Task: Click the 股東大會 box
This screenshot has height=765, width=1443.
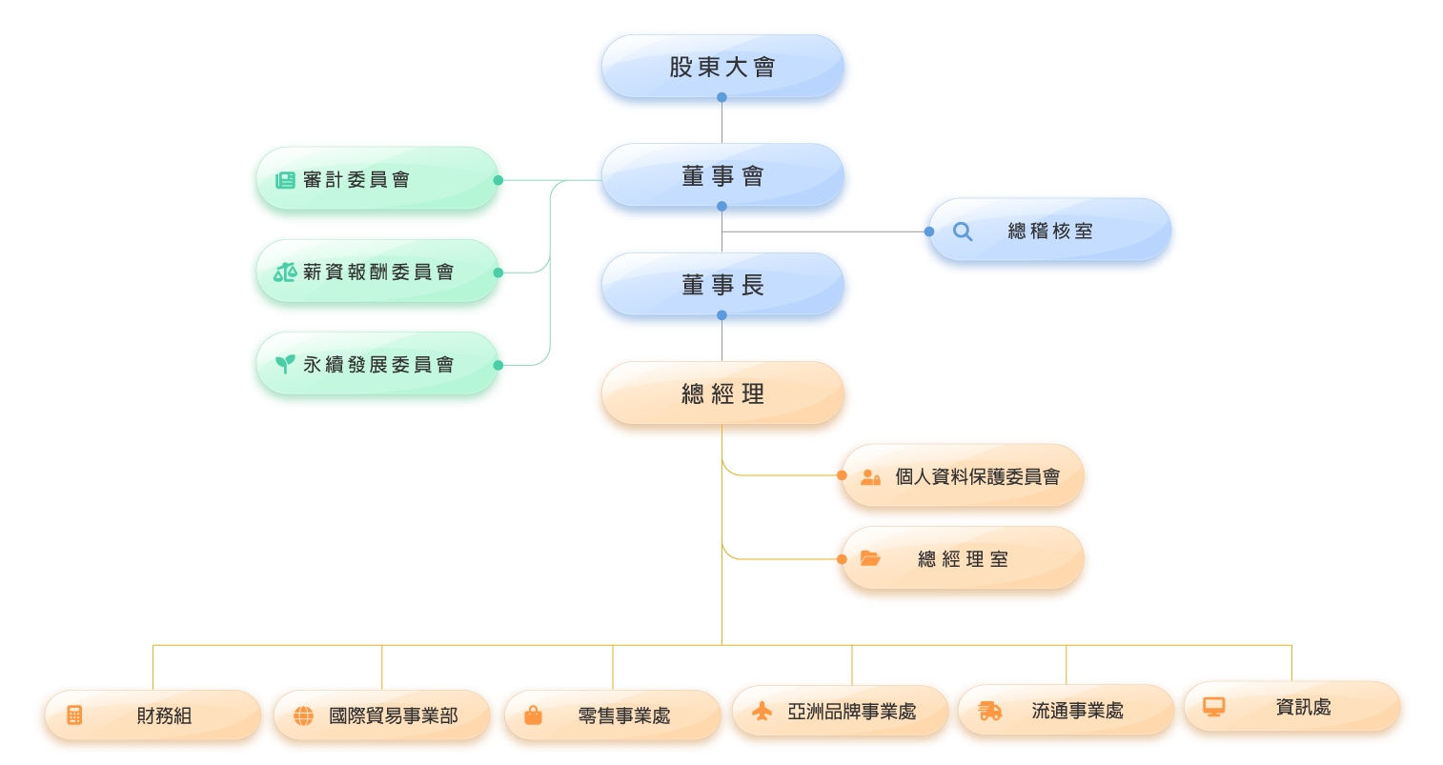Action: click(722, 68)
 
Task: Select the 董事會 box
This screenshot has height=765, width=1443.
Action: click(722, 177)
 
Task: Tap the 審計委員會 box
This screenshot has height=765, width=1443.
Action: click(376, 180)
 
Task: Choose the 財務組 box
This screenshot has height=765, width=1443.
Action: click(150, 715)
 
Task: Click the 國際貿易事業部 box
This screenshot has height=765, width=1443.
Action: click(381, 715)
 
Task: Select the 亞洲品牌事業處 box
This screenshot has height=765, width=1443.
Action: click(840, 712)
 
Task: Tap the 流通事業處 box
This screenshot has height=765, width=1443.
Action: click(1067, 711)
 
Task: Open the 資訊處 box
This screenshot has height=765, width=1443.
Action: click(1293, 708)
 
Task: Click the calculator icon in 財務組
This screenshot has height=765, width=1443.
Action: click(74, 715)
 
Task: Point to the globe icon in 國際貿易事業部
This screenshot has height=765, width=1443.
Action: click(303, 716)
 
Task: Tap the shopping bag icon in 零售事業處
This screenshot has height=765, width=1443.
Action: click(533, 715)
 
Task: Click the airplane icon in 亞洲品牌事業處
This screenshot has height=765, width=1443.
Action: click(762, 712)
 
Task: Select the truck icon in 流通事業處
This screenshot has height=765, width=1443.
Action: click(990, 712)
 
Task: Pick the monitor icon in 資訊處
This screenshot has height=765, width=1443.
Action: click(1213, 707)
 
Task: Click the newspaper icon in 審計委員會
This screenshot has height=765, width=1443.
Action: click(285, 180)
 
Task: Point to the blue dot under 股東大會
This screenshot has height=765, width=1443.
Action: click(721, 97)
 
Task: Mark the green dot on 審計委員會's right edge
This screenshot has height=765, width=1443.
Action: click(498, 180)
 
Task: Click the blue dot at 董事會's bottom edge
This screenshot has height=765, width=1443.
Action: click(721, 207)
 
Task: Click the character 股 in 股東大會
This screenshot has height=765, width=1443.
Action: click(681, 68)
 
